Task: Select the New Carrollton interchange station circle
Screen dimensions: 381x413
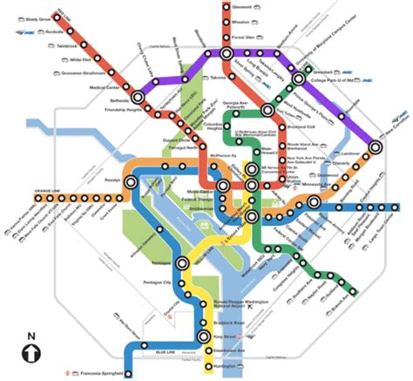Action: [376, 146]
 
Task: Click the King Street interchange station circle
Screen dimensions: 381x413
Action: [207, 334]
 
